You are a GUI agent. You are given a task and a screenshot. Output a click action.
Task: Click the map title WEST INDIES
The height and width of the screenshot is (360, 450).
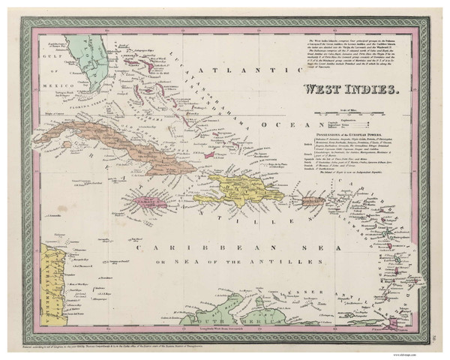click(351, 89)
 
